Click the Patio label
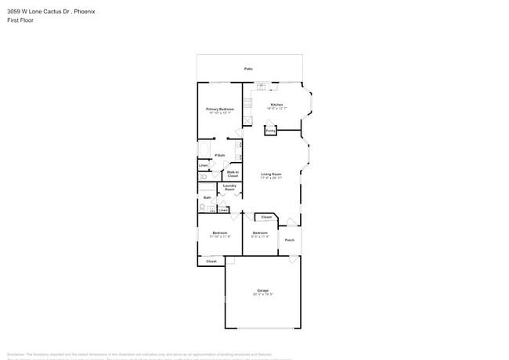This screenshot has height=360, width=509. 248,69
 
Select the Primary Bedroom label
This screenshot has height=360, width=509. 220,109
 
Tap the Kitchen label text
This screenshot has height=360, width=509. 276,104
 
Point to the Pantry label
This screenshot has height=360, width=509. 269,131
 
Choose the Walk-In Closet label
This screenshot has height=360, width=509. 233,175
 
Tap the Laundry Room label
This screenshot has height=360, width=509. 229,188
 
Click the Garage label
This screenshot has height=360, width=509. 262,290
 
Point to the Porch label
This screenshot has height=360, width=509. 289,240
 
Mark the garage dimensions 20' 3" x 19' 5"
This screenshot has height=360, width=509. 262,294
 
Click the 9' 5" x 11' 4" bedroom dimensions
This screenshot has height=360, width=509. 260,236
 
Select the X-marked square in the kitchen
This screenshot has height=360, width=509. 247,121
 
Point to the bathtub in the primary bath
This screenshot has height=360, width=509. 204,149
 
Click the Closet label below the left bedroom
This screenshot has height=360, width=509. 211,261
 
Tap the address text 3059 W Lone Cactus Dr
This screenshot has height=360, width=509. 34,12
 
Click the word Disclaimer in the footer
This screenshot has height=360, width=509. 16,354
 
